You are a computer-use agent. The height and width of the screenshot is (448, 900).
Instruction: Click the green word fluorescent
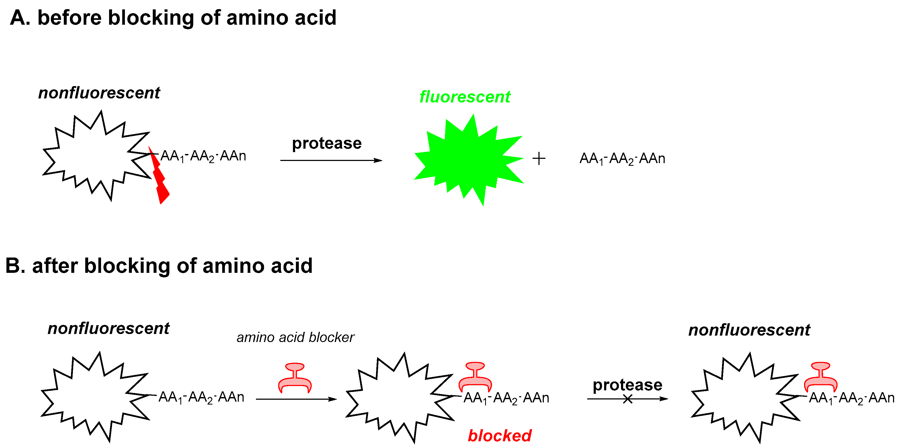click(x=465, y=97)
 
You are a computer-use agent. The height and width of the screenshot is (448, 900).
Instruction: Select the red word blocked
click(x=500, y=436)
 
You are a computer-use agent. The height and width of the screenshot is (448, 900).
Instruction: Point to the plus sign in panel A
click(x=539, y=159)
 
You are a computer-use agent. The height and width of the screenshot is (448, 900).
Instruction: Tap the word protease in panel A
click(x=327, y=144)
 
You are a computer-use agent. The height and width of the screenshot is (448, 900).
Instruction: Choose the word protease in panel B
click(x=627, y=385)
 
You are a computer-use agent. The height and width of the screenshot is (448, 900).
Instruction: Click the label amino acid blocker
click(x=295, y=337)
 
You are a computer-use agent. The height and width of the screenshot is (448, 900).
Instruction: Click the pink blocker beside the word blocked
click(x=475, y=378)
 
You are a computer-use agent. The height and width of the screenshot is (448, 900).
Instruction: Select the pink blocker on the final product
click(x=820, y=378)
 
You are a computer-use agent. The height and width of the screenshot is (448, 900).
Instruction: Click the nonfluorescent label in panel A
click(x=99, y=93)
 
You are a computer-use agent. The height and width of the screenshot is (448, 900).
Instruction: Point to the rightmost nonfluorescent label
click(x=749, y=330)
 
